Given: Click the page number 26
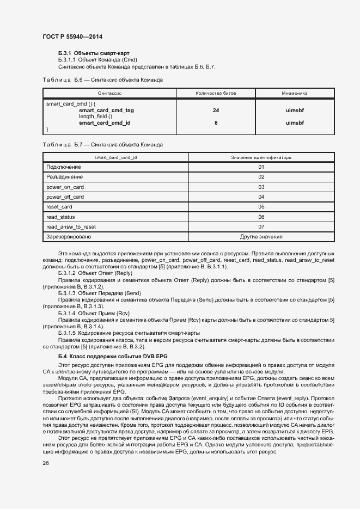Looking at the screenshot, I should click(x=46, y=463).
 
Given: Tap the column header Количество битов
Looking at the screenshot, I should click(x=216, y=94).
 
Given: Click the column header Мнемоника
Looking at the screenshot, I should click(x=295, y=94).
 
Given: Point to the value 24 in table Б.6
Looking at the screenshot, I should click(x=216, y=110).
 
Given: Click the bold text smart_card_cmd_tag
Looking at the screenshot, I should click(x=106, y=110).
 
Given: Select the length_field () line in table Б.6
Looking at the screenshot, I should click(x=95, y=116).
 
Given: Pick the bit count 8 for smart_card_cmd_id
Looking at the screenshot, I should click(x=216, y=123).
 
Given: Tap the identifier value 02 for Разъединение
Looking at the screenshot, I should click(x=261, y=177).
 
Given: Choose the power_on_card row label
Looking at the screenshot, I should click(x=65, y=187).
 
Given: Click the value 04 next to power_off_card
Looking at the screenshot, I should click(x=261, y=197).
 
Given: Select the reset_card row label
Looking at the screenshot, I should click(x=59, y=207).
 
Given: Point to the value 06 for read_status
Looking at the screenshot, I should click(x=261, y=217).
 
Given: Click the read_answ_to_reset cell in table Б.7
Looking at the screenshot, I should click(x=71, y=226).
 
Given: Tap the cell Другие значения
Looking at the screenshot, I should click(x=261, y=237).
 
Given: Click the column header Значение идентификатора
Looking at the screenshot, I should click(x=261, y=157).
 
